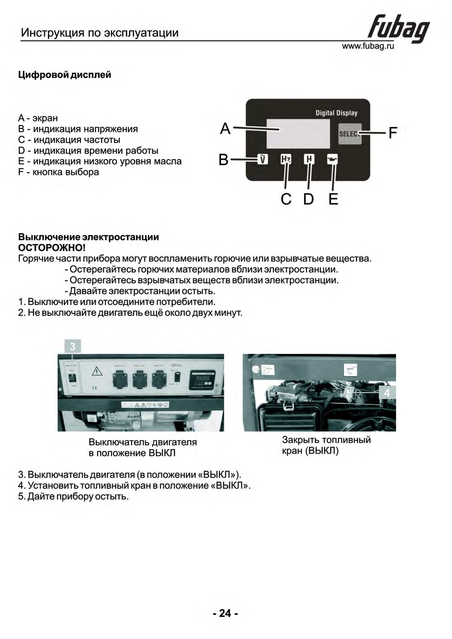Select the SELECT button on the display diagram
click(350, 134)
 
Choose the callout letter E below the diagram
click(333, 199)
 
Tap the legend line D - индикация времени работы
click(88, 151)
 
